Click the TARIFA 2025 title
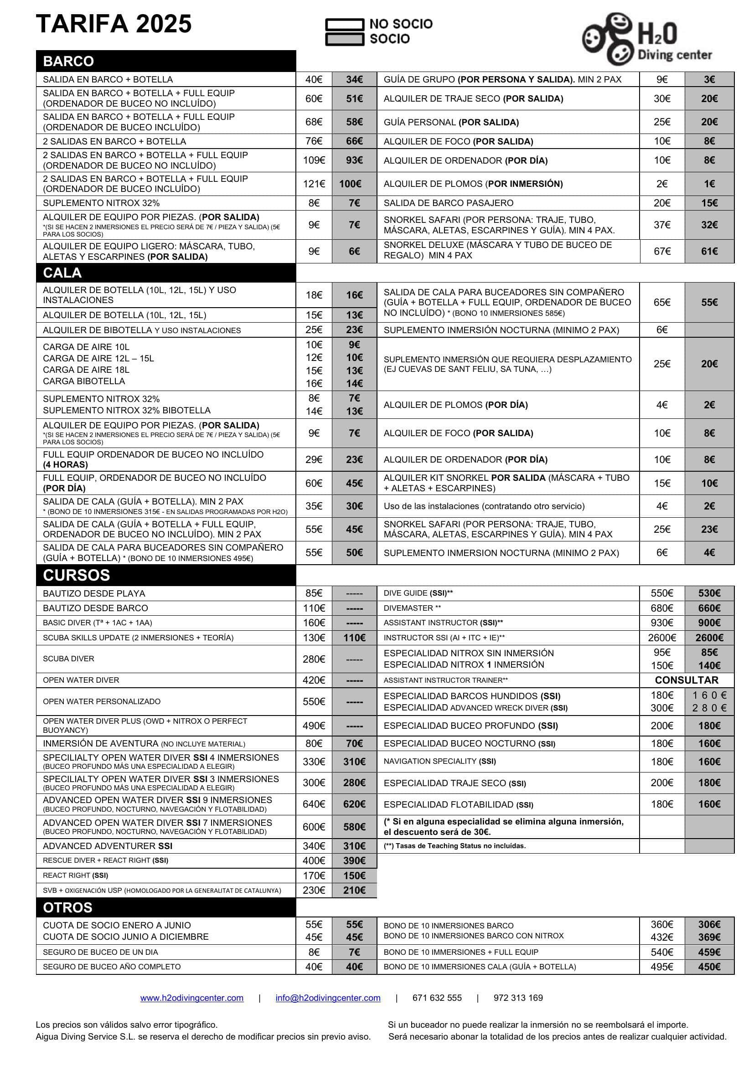coord(114,24)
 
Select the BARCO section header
coord(68,61)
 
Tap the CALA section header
coord(62,273)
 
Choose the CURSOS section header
coord(76,575)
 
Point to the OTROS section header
coord(67,907)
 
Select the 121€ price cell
coord(314,184)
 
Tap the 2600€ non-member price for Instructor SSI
coord(661,638)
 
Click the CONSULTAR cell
coord(686,680)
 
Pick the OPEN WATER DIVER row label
coord(81,680)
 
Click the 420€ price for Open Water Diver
coord(314,680)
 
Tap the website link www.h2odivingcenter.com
coord(192,998)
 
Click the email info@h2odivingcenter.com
coord(328,998)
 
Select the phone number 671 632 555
coord(437,998)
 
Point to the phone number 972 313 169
coord(518,998)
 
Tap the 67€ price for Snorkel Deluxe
coord(661,251)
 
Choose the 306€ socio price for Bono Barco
coord(709,924)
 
